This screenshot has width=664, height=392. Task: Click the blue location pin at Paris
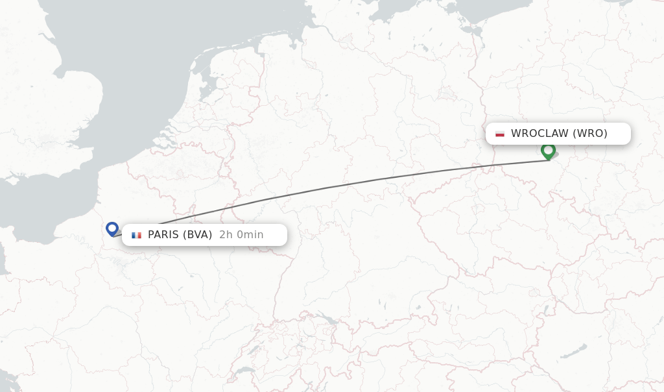(x=112, y=228)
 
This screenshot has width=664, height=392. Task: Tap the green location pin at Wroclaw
(x=548, y=151)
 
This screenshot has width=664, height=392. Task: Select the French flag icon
(x=136, y=235)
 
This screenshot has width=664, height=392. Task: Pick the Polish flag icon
(x=500, y=134)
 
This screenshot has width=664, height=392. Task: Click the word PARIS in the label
(x=165, y=235)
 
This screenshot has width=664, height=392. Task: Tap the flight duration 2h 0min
(x=241, y=235)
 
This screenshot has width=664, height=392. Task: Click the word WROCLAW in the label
(x=539, y=134)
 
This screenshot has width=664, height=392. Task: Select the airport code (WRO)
(x=590, y=134)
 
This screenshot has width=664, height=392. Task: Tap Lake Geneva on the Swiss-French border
(x=244, y=371)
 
